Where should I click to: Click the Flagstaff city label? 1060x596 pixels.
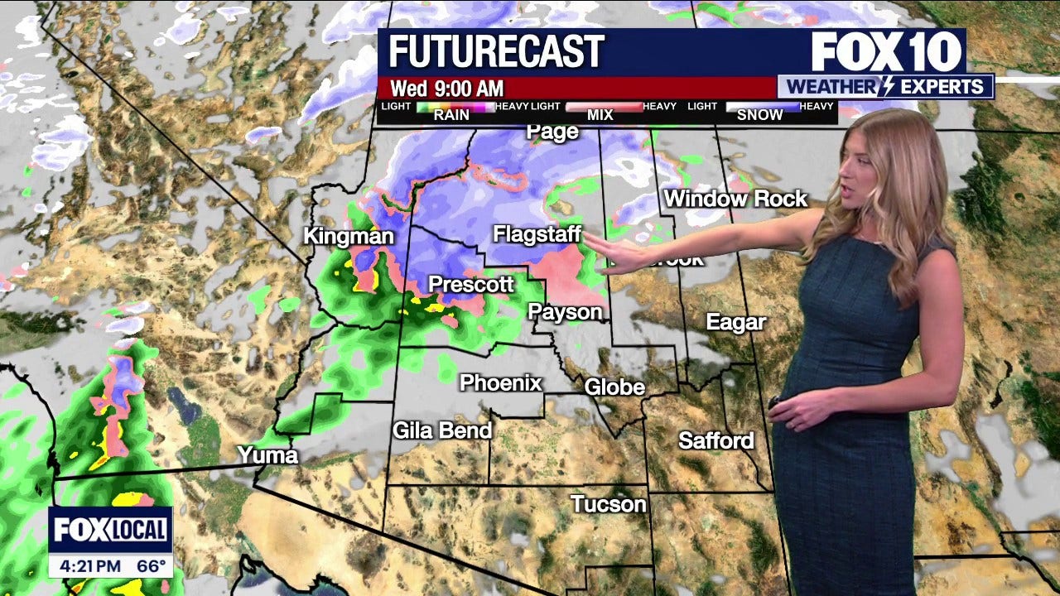tap(537, 234)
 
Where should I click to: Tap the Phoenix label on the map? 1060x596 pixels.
tap(500, 383)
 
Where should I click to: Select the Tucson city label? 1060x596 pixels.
tap(608, 503)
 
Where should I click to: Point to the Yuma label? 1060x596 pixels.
tap(267, 454)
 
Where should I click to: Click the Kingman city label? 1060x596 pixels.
tap(348, 237)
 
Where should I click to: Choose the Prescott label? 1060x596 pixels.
tap(470, 285)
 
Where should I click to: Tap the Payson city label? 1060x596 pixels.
tap(565, 312)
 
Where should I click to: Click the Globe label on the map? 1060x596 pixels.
tap(614, 387)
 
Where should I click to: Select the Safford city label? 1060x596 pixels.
tap(715, 440)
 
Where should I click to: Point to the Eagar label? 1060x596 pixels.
tap(735, 322)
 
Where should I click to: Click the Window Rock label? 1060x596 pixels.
tap(735, 199)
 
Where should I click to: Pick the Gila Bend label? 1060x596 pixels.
tap(442, 430)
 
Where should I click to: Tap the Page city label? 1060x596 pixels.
tap(552, 132)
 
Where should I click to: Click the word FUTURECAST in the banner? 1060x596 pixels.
tap(496, 52)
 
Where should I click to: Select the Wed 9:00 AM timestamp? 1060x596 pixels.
tap(447, 89)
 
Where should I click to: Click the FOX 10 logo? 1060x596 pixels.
tap(886, 52)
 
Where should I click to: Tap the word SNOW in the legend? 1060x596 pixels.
tap(759, 115)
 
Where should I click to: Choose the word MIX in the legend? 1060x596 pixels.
tap(600, 115)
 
